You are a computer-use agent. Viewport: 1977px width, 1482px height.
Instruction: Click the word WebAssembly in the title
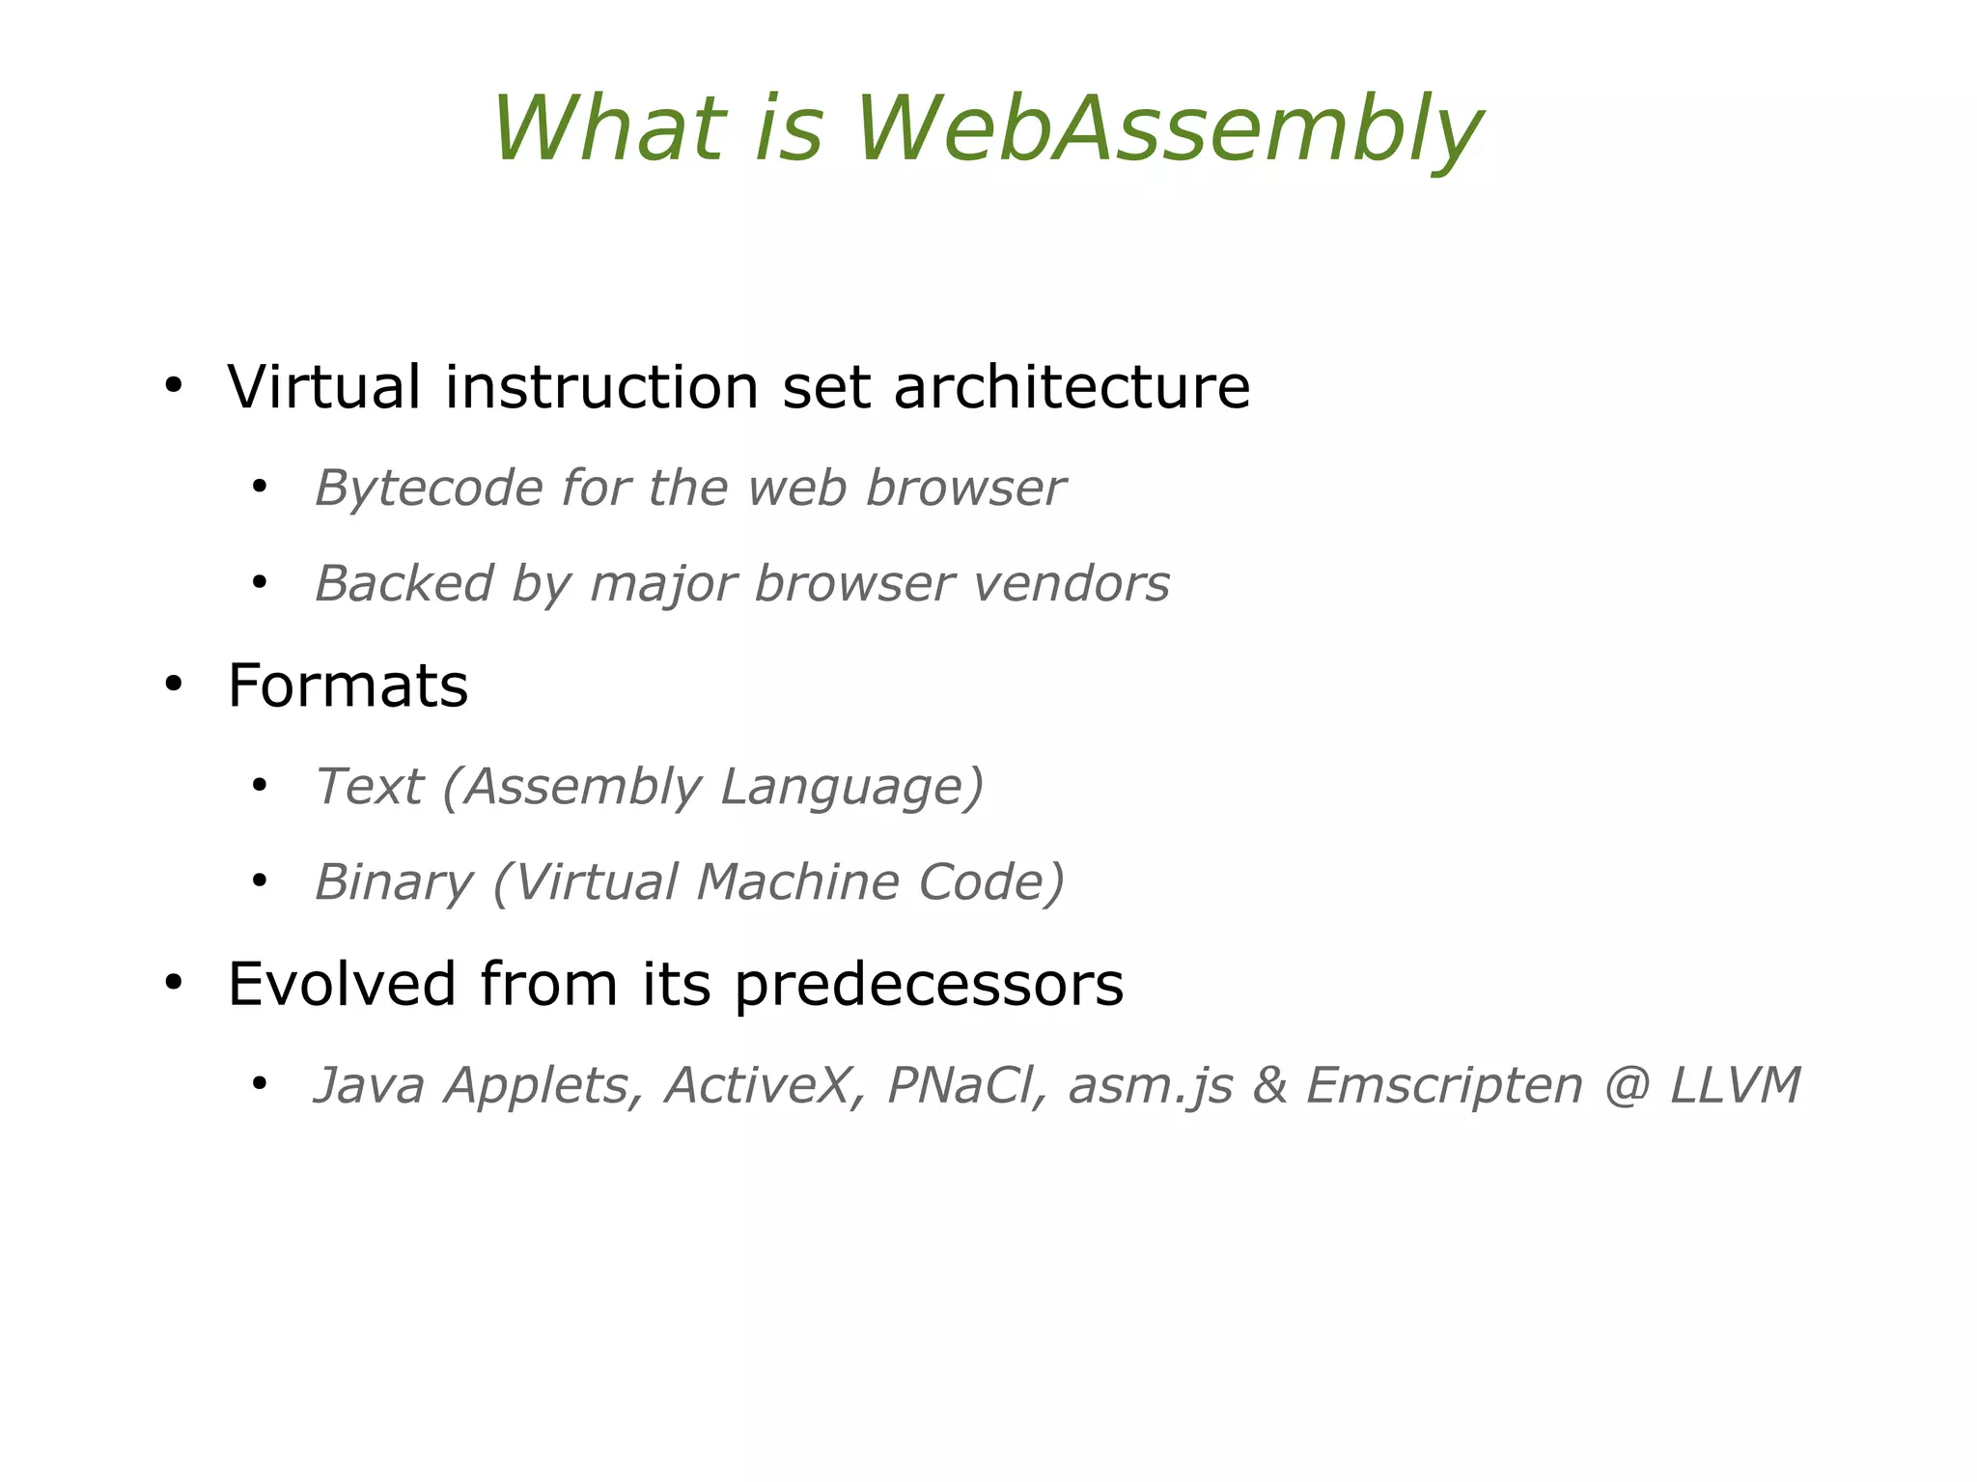[x=1168, y=130]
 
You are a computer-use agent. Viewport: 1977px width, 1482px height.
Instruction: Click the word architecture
[x=1072, y=387]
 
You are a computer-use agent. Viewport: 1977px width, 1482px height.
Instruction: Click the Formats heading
[x=348, y=686]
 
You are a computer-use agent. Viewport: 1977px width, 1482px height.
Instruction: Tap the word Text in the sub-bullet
[x=369, y=786]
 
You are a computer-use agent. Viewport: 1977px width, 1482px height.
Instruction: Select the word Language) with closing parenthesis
[x=852, y=786]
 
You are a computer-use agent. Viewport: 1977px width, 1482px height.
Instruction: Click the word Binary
[x=394, y=882]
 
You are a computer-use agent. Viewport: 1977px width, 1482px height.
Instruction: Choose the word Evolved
[x=341, y=985]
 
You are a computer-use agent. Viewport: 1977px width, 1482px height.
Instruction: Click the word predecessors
[x=929, y=985]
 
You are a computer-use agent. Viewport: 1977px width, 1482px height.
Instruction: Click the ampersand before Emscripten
[x=1270, y=1085]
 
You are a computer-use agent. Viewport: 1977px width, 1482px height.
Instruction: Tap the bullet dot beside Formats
[x=173, y=685]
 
